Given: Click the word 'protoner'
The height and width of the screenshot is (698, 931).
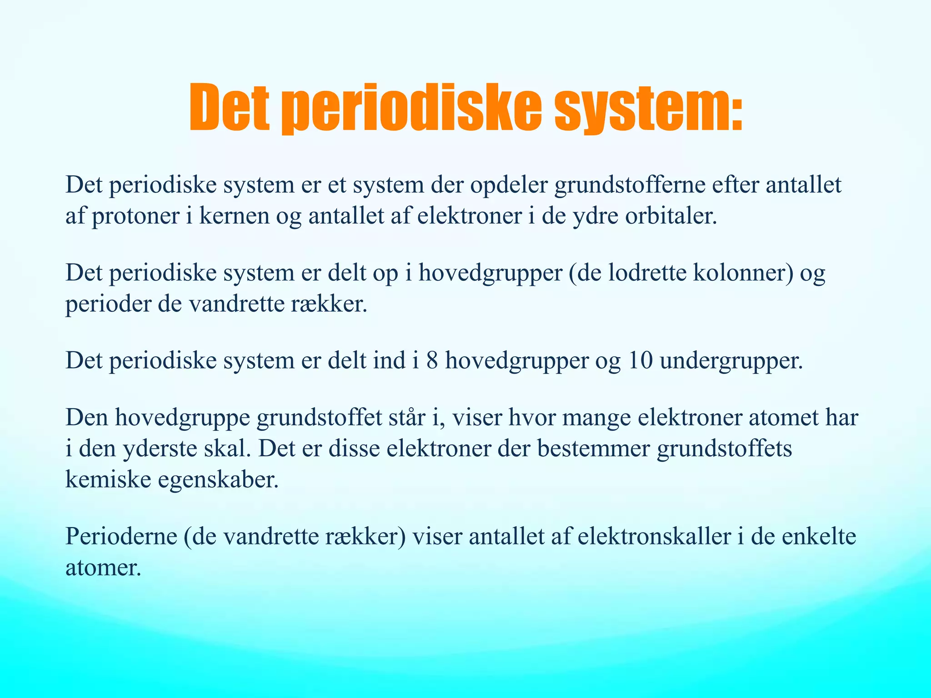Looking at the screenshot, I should coord(135,216).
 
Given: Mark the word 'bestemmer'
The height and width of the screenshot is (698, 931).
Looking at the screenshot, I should coord(594,448).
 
